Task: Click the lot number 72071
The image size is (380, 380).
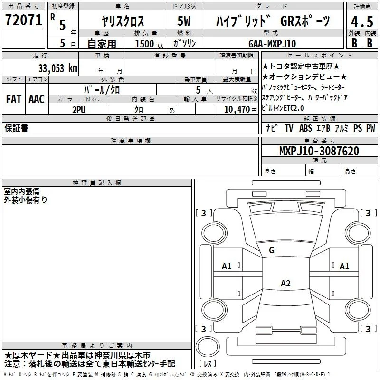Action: pos(23,20)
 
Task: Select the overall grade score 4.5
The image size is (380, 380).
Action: pos(362,21)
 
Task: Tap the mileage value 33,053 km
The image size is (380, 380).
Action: pos(58,68)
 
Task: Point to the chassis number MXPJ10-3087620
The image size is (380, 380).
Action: pos(319,151)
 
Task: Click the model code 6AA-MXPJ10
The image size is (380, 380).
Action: pos(272,44)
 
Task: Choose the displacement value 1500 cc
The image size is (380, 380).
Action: pos(149,44)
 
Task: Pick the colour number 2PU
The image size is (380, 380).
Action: pos(79,110)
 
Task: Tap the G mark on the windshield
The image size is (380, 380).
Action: pos(272,250)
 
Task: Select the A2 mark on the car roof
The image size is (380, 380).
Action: pos(285,283)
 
